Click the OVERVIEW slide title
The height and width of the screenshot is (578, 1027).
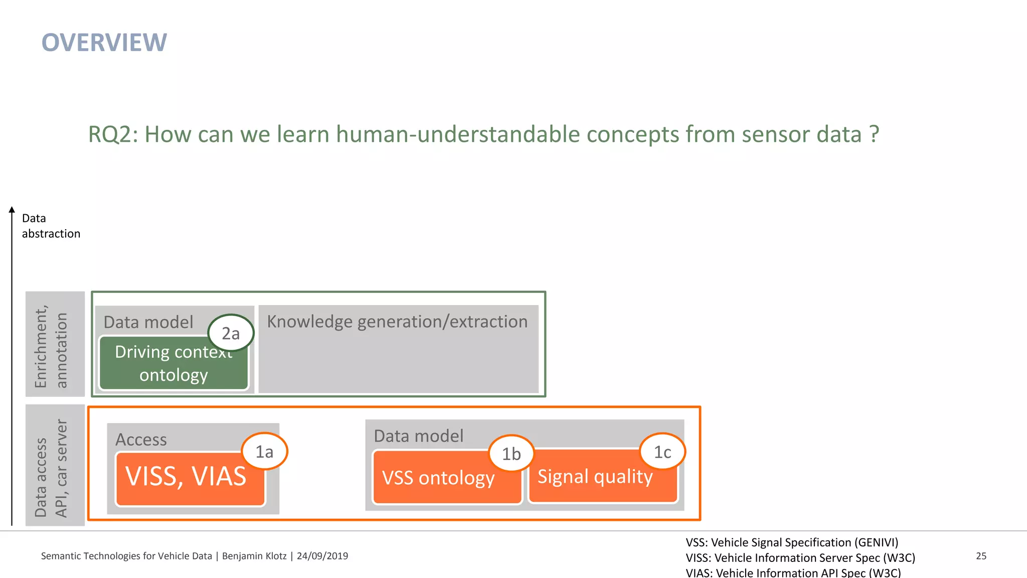tap(104, 43)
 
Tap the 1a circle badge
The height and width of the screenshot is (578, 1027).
tap(264, 452)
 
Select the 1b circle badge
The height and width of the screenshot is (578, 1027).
tap(511, 454)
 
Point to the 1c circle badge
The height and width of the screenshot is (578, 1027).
tap(662, 452)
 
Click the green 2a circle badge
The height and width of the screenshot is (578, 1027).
tap(231, 333)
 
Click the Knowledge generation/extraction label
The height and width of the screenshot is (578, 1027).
tap(397, 322)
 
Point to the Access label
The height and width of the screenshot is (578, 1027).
tap(141, 440)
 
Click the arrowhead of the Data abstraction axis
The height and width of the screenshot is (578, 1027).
tap(12, 210)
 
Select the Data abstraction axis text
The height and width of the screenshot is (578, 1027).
tap(51, 226)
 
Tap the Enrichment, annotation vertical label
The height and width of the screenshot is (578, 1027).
tap(51, 346)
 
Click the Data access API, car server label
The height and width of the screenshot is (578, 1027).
tap(51, 468)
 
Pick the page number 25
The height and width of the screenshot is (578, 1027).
tap(981, 556)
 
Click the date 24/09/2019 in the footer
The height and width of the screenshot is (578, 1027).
tap(322, 556)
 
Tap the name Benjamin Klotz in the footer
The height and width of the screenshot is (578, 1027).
tap(254, 556)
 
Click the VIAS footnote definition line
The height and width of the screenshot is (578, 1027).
tap(793, 572)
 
